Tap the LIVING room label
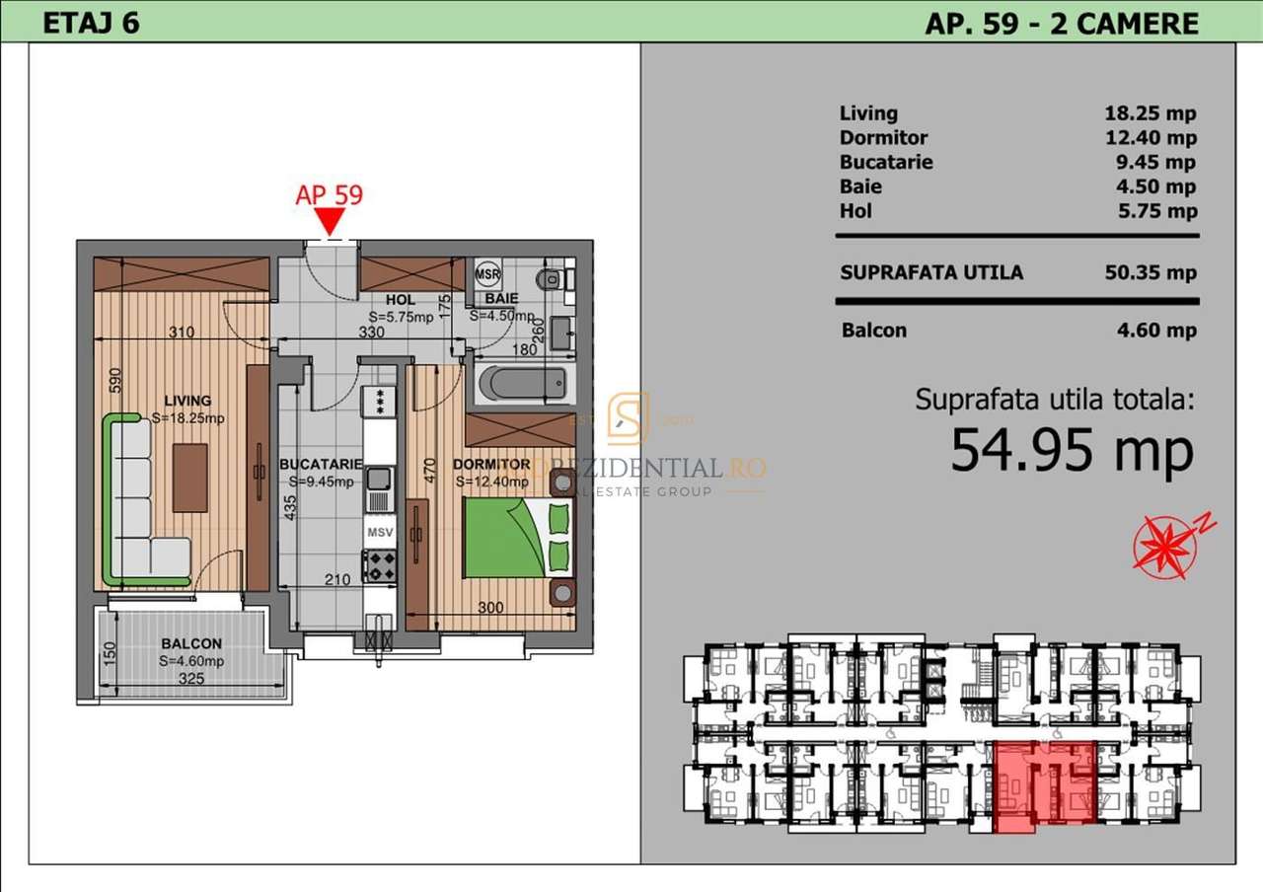[x=187, y=401]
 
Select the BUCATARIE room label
[x=321, y=464]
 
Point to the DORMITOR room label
[x=491, y=464]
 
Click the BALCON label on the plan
[x=192, y=643]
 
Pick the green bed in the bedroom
[x=505, y=538]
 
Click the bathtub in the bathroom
[x=523, y=384]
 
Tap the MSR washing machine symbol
[x=487, y=272]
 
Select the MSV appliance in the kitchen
[x=380, y=533]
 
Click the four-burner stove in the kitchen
[x=380, y=565]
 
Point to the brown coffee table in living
[x=190, y=478]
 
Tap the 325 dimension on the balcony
[x=191, y=679]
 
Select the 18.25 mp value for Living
[x=1151, y=113]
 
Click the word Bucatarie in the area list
[x=886, y=162]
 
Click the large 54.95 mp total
[x=1072, y=451]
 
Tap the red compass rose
[x=1164, y=546]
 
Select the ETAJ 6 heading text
[x=91, y=24]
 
